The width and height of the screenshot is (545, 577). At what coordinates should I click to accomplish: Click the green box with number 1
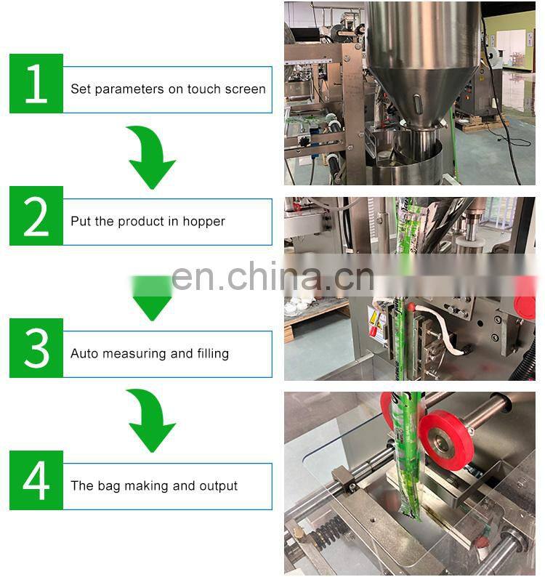pos(36,84)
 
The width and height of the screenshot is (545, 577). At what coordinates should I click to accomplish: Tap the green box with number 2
pos(36,216)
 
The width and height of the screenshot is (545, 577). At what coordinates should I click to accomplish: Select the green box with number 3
pos(36,348)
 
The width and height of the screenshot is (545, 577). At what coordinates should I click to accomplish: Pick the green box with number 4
pos(36,480)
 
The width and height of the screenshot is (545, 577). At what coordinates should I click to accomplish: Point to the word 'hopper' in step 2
pos(203,222)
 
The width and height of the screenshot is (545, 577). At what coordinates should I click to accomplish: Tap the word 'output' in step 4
pos(218,486)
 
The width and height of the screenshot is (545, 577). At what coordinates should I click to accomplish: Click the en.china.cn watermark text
pos(272,277)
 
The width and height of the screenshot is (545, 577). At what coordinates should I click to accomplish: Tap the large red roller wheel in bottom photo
pos(446,440)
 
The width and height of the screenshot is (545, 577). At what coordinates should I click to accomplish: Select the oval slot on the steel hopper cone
pos(417,104)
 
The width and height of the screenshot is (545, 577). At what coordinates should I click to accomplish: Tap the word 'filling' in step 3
pos(213,354)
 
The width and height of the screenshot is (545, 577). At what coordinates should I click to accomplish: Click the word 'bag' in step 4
pos(109,486)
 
